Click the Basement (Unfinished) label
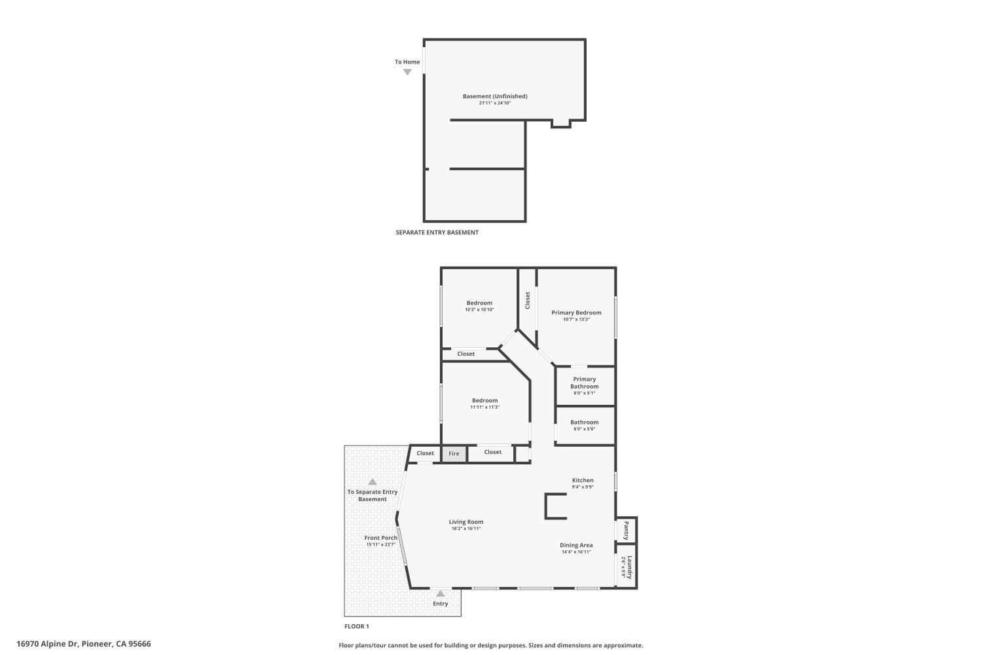coord(494,96)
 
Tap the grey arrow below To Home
coord(407,72)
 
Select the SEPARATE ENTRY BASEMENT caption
coord(437,233)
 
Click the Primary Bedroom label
coord(576,312)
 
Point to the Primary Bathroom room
coord(585,386)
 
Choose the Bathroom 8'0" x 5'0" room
coord(585,425)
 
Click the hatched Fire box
coord(454,453)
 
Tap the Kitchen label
coord(583,480)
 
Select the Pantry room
coord(627,529)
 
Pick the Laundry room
coord(627,567)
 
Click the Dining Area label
coord(576,545)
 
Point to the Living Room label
coord(466,522)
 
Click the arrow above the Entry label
coord(441,593)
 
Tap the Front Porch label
coord(381,538)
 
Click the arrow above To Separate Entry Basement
coord(373,482)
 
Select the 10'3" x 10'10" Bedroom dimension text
coord(479,310)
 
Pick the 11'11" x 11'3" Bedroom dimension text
coord(484,407)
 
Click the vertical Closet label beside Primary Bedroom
coord(528,300)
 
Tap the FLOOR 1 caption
coord(357,627)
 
